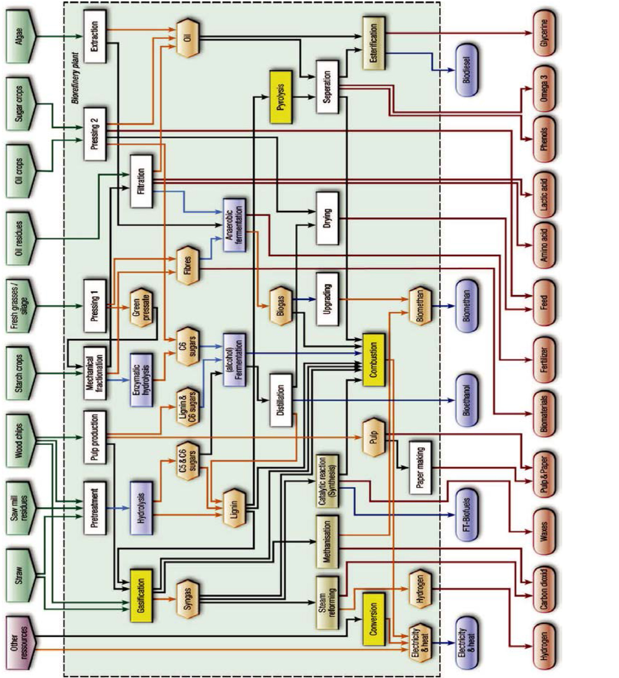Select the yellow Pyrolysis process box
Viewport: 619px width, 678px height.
coord(281,98)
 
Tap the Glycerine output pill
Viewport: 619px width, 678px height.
coord(544,33)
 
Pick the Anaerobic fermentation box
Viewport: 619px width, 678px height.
coord(234,225)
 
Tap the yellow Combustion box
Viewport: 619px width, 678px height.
coord(373,360)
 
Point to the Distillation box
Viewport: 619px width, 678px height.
coord(281,400)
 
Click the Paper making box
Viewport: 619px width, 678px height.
coord(420,467)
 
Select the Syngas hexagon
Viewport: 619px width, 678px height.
coord(188,599)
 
